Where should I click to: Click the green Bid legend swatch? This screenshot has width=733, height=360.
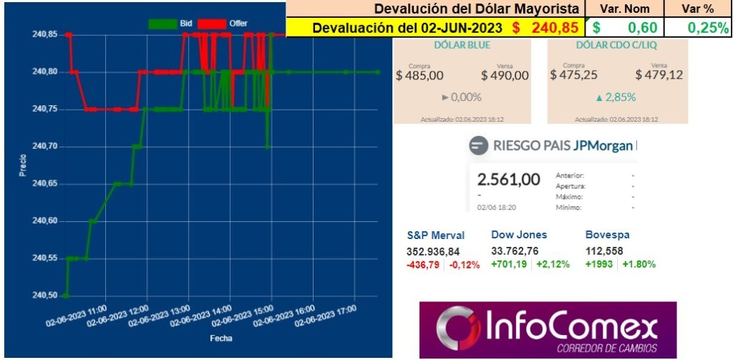tap(162, 24)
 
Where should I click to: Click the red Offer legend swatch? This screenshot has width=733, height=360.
tap(211, 24)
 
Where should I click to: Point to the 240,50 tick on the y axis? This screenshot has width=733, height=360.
tap(44, 295)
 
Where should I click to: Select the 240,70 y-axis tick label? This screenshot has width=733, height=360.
tap(44, 146)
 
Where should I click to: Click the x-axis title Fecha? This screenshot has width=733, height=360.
tap(220, 338)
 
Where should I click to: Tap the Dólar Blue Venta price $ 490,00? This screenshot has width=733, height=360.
tap(505, 75)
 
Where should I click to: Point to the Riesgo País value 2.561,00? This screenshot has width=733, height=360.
tap(509, 179)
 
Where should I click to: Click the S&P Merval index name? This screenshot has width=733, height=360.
tap(436, 235)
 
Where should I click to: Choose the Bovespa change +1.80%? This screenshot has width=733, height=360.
tap(639, 263)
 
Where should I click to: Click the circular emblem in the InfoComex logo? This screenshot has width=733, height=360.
tap(452, 329)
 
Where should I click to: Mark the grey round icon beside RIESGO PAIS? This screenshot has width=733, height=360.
tap(478, 147)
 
